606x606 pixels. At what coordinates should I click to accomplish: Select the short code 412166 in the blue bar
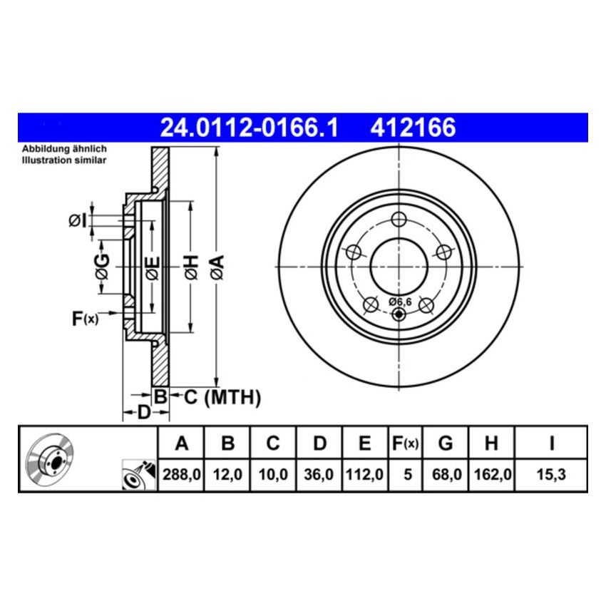[x=411, y=128]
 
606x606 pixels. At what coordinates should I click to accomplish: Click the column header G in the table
[x=445, y=444]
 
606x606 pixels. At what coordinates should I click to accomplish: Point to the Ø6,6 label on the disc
[x=399, y=302]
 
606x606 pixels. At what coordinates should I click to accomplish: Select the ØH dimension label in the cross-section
[x=190, y=267]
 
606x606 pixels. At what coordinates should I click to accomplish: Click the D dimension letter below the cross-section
[x=143, y=413]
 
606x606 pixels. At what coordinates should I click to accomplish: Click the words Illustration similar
[x=63, y=160]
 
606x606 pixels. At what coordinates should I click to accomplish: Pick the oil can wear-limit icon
[x=138, y=476]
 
